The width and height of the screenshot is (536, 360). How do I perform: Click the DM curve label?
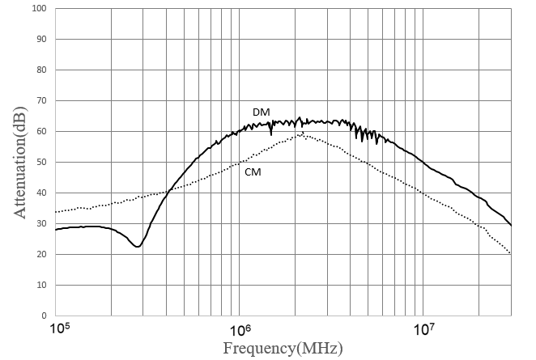pyautogui.click(x=262, y=112)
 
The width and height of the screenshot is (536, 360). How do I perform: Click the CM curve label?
pyautogui.click(x=253, y=172)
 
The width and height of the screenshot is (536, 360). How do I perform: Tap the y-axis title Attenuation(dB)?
pyautogui.click(x=20, y=163)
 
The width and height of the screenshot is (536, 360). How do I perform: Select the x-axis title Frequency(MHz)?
pyautogui.click(x=283, y=349)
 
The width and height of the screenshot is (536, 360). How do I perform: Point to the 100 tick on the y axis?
pyautogui.click(x=40, y=8)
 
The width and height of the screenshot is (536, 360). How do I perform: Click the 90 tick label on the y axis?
pyautogui.click(x=42, y=39)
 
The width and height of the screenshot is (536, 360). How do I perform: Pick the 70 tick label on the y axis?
pyautogui.click(x=42, y=100)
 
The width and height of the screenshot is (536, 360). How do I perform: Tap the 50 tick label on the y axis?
pyautogui.click(x=42, y=162)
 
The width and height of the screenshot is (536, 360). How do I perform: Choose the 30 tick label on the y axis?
pyautogui.click(x=42, y=223)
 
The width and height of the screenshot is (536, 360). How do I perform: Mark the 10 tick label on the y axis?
pyautogui.click(x=42, y=285)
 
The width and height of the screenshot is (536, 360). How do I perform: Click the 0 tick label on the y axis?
pyautogui.click(x=44, y=316)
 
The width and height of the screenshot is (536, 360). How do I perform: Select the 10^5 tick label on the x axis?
pyautogui.click(x=60, y=328)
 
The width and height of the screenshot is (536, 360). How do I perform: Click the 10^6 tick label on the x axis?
pyautogui.click(x=240, y=329)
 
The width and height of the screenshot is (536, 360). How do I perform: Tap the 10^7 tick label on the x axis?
pyautogui.click(x=424, y=329)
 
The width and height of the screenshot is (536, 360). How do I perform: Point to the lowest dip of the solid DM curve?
pyautogui.click(x=138, y=247)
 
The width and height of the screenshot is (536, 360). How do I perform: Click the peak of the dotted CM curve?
pyautogui.click(x=303, y=133)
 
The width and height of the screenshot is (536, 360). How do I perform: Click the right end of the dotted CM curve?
pyautogui.click(x=511, y=253)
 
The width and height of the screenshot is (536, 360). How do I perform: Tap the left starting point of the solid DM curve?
pyautogui.click(x=56, y=230)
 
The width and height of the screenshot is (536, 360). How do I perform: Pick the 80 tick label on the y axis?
pyautogui.click(x=42, y=70)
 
